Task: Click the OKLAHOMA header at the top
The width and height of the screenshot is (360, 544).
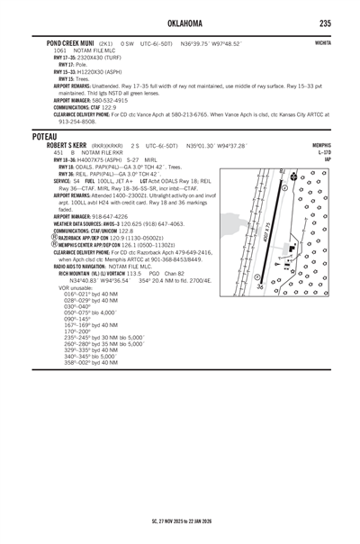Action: (x=180, y=23)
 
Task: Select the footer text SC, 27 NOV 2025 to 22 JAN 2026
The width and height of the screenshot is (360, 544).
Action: (x=180, y=521)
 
